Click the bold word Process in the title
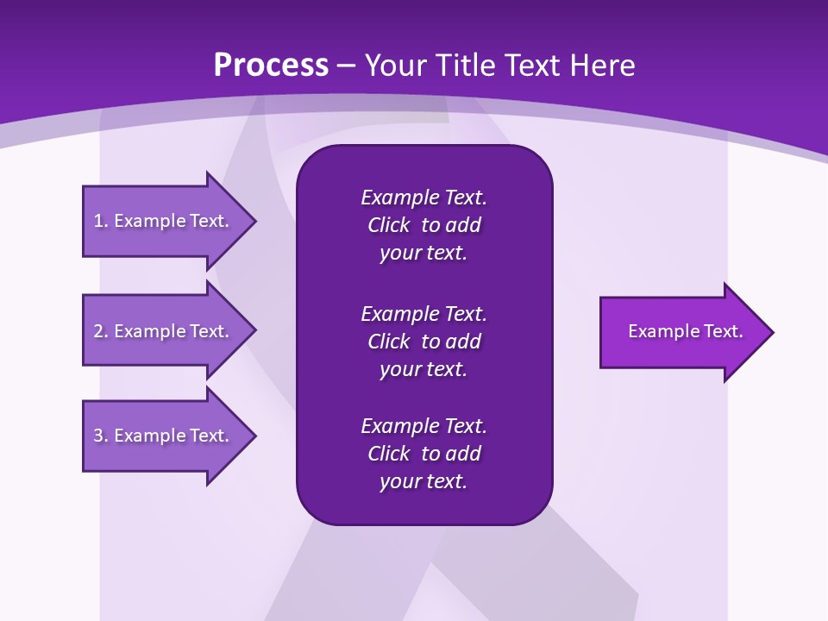point(271,66)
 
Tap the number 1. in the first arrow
point(101,221)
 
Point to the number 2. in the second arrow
point(101,331)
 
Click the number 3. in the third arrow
point(101,436)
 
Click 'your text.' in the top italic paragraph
point(423,254)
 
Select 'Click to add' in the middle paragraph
point(423,342)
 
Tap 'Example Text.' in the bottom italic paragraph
point(423,426)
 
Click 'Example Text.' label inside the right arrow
point(686,331)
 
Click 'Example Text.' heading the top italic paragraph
point(423,198)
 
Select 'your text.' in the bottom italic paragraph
point(423,481)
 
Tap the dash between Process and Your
point(347,66)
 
